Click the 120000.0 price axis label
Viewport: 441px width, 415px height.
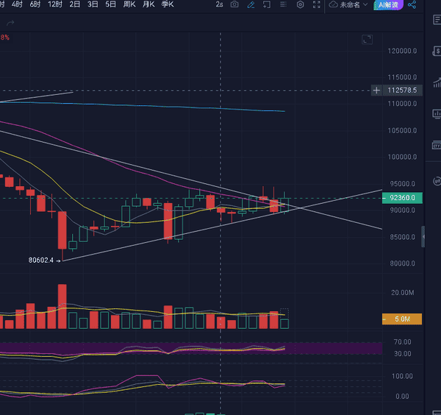pyautogui.click(x=403, y=51)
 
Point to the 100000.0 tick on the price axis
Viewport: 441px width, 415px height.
pyautogui.click(x=403, y=157)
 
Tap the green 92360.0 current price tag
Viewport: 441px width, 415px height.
pyautogui.click(x=403, y=198)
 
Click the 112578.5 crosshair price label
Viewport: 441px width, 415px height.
pyautogui.click(x=402, y=91)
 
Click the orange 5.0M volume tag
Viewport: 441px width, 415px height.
pyautogui.click(x=401, y=319)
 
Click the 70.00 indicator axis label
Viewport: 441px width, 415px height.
pyautogui.click(x=401, y=342)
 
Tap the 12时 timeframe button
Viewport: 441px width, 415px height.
pyautogui.click(x=54, y=4)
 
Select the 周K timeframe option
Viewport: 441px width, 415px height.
pyautogui.click(x=129, y=4)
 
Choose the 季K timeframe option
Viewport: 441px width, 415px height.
pyautogui.click(x=167, y=4)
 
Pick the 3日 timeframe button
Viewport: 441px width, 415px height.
pyautogui.click(x=93, y=4)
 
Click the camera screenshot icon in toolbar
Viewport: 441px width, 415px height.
pyautogui.click(x=234, y=4)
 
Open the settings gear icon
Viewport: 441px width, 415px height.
pyautogui.click(x=300, y=4)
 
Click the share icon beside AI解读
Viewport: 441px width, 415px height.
pyautogui.click(x=412, y=4)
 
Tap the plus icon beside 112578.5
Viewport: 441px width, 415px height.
pyautogui.click(x=377, y=91)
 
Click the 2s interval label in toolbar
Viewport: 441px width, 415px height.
pyautogui.click(x=219, y=4)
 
